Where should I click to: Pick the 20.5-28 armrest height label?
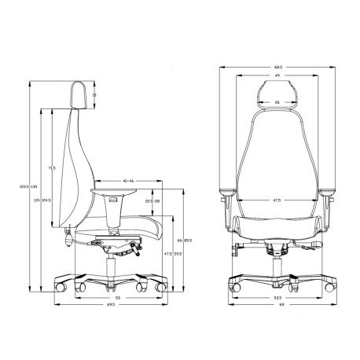click(153, 201)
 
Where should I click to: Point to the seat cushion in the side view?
click(126, 230)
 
